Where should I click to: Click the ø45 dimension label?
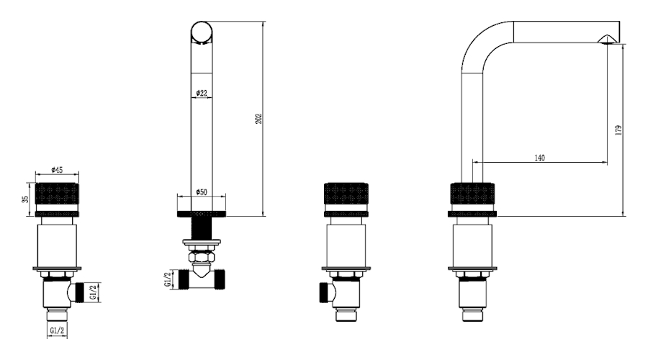[x=57, y=170]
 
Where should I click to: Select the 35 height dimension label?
[x=26, y=199]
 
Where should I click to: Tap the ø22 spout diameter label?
[x=202, y=93]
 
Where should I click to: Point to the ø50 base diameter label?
[x=202, y=192]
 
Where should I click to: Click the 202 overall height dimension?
[x=258, y=119]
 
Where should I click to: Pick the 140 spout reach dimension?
[x=540, y=158]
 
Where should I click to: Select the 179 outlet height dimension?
[x=618, y=130]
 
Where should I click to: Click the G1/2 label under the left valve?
[x=57, y=330]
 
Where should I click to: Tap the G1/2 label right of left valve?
[x=93, y=292]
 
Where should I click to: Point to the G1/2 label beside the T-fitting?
[x=167, y=279]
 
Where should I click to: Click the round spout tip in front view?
[x=202, y=32]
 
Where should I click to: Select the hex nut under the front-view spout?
[x=202, y=257]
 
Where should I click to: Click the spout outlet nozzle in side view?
[x=608, y=40]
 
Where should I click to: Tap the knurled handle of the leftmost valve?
[x=57, y=194]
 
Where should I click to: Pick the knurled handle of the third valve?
[x=346, y=194]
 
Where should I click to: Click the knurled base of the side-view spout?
[x=472, y=194]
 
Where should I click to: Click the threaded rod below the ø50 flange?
[x=202, y=228]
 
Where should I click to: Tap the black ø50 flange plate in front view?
[x=202, y=214]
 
